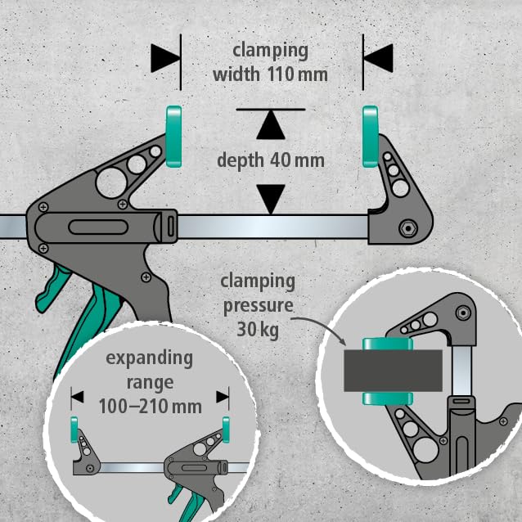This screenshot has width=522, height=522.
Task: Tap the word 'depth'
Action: click(x=240, y=160)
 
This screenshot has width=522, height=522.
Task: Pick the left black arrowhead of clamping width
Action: click(x=166, y=57)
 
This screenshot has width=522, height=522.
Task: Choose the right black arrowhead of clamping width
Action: click(x=378, y=57)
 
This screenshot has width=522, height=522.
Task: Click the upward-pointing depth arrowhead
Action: click(x=271, y=125)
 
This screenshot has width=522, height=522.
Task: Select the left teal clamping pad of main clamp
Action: click(x=173, y=136)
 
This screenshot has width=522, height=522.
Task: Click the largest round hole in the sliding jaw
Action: click(x=110, y=182)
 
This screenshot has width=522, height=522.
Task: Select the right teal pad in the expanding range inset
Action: click(x=225, y=428)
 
